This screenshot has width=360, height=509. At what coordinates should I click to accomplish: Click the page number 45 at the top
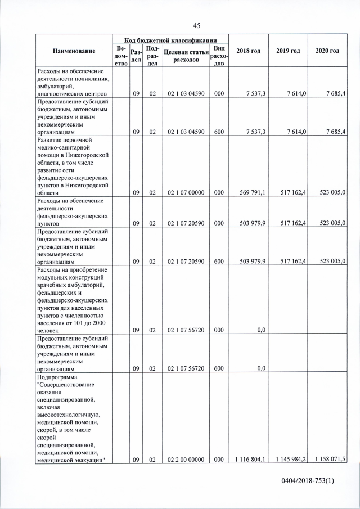pyautogui.click(x=196, y=25)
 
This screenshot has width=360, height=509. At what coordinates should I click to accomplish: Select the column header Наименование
pyautogui.click(x=74, y=51)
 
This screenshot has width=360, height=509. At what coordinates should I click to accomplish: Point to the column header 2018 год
pyautogui.click(x=248, y=51)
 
